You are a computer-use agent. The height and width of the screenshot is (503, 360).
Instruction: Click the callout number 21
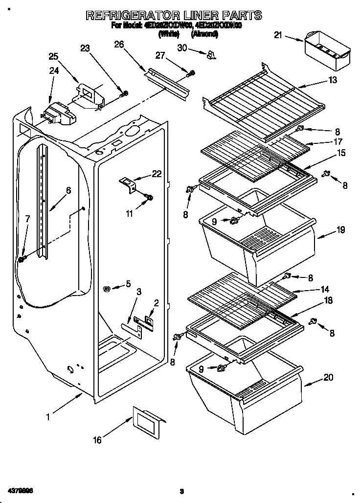pyautogui.click(x=278, y=35)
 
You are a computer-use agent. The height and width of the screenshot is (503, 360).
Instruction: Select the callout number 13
pyautogui.click(x=333, y=80)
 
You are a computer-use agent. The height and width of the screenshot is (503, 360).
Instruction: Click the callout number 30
pyautogui.click(x=182, y=47)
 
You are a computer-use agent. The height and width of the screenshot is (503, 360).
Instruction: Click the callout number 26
pyautogui.click(x=119, y=45)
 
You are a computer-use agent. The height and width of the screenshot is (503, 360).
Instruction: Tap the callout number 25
pyautogui.click(x=53, y=56)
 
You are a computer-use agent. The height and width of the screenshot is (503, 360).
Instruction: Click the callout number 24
pyautogui.click(x=53, y=70)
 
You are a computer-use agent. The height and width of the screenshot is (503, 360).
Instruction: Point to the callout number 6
pyautogui.click(x=68, y=190)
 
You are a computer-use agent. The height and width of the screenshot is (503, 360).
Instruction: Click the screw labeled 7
pyautogui.click(x=22, y=258)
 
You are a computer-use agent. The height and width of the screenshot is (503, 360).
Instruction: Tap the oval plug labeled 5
pyautogui.click(x=107, y=289)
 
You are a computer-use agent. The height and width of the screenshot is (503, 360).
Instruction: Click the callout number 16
pyautogui.click(x=97, y=440)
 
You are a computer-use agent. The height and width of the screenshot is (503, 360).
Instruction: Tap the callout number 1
pyautogui.click(x=48, y=417)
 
